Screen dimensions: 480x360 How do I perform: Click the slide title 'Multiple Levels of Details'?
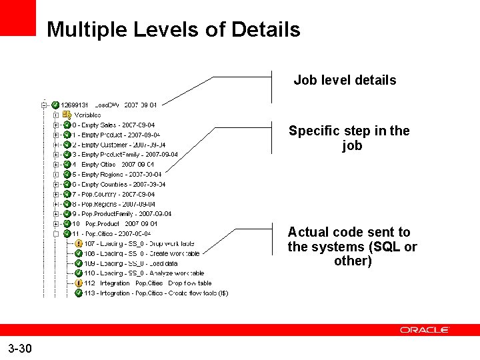point(173,30)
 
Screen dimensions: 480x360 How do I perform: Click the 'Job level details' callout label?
point(345,80)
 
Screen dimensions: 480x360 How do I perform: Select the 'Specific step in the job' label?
point(349,138)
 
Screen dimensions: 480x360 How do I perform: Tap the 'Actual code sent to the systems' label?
point(352,246)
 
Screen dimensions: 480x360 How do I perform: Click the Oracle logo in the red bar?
point(425,330)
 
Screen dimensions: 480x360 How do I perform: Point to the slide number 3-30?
point(20,348)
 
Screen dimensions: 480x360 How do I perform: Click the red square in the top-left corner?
point(17,17)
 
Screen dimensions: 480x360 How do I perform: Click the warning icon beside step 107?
point(79,244)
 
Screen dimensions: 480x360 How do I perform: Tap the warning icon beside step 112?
point(79,283)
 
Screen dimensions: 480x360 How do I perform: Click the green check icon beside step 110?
point(79,273)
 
